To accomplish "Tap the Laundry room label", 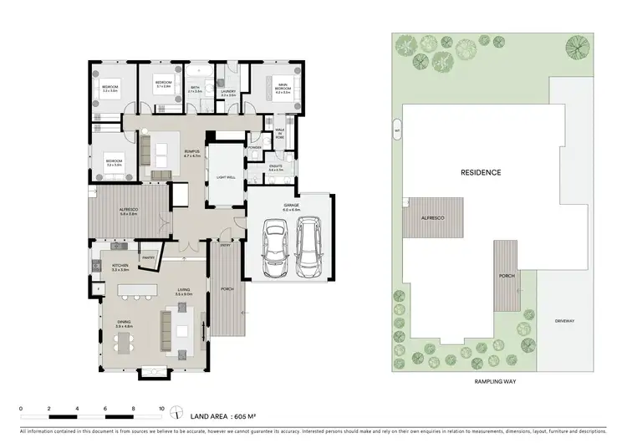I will (228, 93).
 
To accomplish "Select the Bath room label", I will (196, 88).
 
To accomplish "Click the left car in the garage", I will (276, 248).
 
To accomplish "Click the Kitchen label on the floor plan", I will (119, 267).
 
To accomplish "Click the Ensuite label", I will (277, 166).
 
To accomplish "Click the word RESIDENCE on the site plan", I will (481, 173).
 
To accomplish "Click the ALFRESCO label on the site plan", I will (432, 218).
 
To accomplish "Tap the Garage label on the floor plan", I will (290, 206).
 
